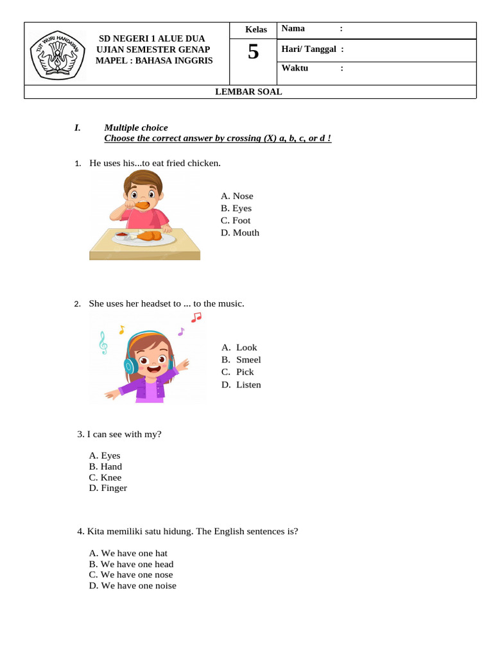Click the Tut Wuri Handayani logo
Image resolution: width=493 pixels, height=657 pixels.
pos(57,55)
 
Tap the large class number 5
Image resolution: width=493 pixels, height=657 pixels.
pos(254,51)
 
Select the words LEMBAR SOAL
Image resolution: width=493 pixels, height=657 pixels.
pos(248,92)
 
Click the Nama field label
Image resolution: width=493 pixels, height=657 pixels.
pos(293,28)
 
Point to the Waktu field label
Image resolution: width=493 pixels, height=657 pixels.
pos(295,68)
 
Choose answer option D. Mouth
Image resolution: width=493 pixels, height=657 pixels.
pos(240,233)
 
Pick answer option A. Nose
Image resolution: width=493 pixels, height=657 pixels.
pos(237,196)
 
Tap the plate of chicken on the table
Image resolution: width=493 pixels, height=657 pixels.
pos(144,237)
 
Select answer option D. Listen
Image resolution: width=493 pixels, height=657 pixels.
pos(241,385)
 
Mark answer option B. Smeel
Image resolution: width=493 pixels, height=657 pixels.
pos(241,360)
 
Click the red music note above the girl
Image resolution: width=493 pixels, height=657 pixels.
pos(196,317)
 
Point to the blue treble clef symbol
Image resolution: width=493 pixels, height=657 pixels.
pos(103,343)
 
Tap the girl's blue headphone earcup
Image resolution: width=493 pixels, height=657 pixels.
pos(130,366)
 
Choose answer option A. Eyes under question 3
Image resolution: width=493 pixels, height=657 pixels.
pos(105,456)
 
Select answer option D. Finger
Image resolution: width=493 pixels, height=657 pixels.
pos(108,488)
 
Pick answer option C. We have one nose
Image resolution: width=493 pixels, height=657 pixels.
pos(131,575)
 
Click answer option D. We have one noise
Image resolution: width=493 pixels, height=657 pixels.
pos(132,586)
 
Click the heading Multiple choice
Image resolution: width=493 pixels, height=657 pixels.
pos(136,128)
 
